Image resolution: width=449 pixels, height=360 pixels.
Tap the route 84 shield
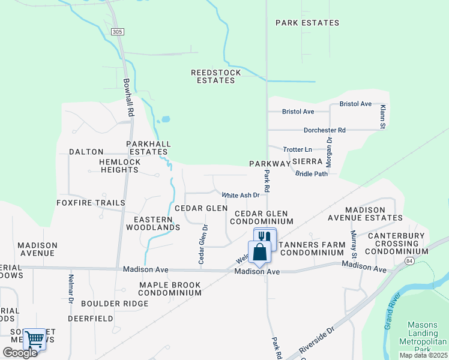point(409,262)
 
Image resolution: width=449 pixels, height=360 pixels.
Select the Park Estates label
point(307,23)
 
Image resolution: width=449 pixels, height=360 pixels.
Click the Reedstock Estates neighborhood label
point(216,76)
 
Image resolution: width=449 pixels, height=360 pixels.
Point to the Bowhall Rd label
point(129,97)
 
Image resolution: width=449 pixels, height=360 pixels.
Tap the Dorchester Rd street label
point(324,130)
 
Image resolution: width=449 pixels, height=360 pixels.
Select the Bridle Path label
point(312,174)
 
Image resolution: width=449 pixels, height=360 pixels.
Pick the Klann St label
point(382,117)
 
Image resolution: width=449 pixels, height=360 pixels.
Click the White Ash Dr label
point(241,195)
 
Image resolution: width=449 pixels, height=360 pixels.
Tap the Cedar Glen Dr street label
point(203,244)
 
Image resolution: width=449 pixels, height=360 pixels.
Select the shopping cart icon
point(34,340)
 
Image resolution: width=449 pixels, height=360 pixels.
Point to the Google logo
point(20,353)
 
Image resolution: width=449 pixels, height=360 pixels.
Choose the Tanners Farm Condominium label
point(312,248)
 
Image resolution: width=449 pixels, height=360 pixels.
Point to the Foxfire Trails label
point(91,203)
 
